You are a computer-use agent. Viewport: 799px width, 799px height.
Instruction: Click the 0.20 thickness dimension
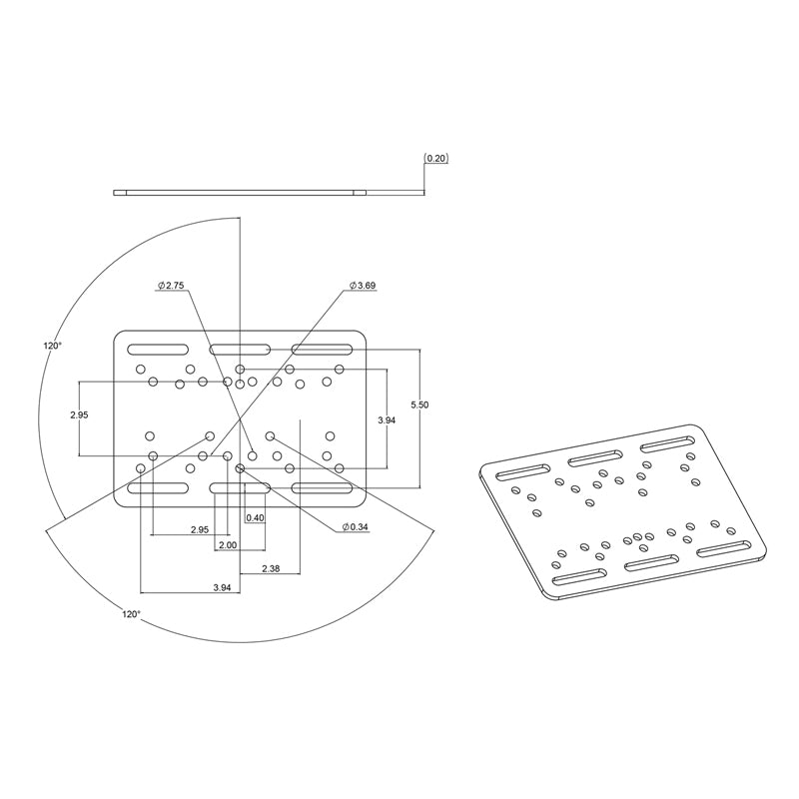click(x=436, y=159)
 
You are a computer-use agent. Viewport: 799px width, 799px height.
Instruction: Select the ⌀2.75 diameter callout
click(x=171, y=286)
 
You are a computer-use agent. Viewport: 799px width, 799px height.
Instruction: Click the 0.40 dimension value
click(x=255, y=517)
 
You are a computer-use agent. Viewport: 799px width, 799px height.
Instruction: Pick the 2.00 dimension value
click(x=227, y=545)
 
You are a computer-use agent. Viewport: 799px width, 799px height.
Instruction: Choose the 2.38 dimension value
click(x=270, y=568)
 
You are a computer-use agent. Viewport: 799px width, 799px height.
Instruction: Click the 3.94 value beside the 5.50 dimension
click(x=387, y=420)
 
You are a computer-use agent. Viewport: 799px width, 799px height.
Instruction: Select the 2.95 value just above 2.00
click(x=200, y=529)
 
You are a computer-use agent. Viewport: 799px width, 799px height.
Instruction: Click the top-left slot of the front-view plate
click(x=157, y=349)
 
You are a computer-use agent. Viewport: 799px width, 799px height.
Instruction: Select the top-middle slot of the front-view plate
click(x=240, y=349)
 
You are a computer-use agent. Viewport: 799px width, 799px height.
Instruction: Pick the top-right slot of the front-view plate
click(x=322, y=349)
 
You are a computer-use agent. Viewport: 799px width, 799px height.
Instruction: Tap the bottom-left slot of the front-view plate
click(x=157, y=488)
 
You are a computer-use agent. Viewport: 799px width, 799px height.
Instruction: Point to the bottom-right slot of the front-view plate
click(x=322, y=488)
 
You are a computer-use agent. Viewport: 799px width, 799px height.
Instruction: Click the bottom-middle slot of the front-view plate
click(x=240, y=488)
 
